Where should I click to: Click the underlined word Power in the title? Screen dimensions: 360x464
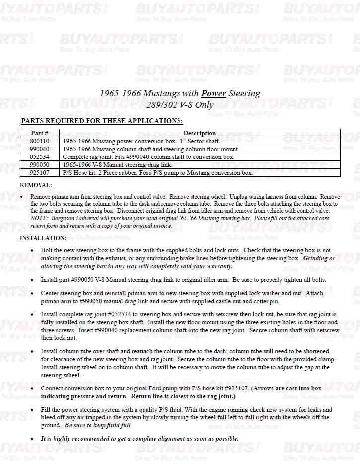pos(213,93)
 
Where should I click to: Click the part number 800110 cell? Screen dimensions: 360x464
pos(39,141)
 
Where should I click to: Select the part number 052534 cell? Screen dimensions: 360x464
pos(39,156)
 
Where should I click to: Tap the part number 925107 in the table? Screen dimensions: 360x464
pos(39,172)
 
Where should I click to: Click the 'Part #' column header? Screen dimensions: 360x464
pos(39,133)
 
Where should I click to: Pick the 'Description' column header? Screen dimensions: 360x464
pos(199,133)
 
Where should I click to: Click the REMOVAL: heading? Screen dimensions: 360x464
pos(35,185)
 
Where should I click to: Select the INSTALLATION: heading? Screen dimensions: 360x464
pos(42,238)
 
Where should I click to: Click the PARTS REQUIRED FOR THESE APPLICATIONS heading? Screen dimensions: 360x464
pos(101,121)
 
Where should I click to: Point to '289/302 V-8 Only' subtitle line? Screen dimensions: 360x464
pos(180,104)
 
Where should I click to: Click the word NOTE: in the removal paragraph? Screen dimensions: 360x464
pos(39,218)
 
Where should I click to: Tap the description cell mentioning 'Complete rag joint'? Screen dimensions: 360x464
pos(149,156)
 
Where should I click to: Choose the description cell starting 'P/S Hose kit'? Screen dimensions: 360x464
pos(158,172)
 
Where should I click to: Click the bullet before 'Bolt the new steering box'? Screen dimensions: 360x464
pos(32,250)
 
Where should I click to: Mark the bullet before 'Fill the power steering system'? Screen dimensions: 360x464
pos(32,410)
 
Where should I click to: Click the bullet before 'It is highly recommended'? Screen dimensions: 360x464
pos(32,439)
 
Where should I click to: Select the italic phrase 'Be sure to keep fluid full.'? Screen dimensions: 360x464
pos(98,425)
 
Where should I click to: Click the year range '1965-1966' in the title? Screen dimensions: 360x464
pos(119,93)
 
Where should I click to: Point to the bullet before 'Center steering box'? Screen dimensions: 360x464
pos(32,293)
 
